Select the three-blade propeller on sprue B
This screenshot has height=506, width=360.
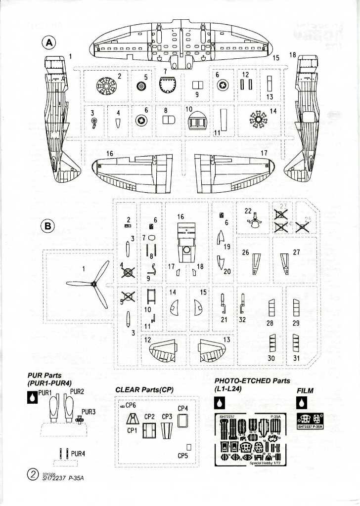[x=93, y=284]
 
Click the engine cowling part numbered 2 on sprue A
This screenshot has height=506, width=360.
[x=105, y=87]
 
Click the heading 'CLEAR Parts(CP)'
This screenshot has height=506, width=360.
[x=144, y=389]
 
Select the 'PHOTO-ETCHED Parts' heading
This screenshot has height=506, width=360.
[x=252, y=381]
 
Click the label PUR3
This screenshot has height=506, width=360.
[x=89, y=411]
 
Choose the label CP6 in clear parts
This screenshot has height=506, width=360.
[x=131, y=405]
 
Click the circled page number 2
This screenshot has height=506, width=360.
[x=32, y=475]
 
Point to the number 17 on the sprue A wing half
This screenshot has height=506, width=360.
[x=264, y=153]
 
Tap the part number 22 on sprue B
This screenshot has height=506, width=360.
[x=248, y=211]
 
